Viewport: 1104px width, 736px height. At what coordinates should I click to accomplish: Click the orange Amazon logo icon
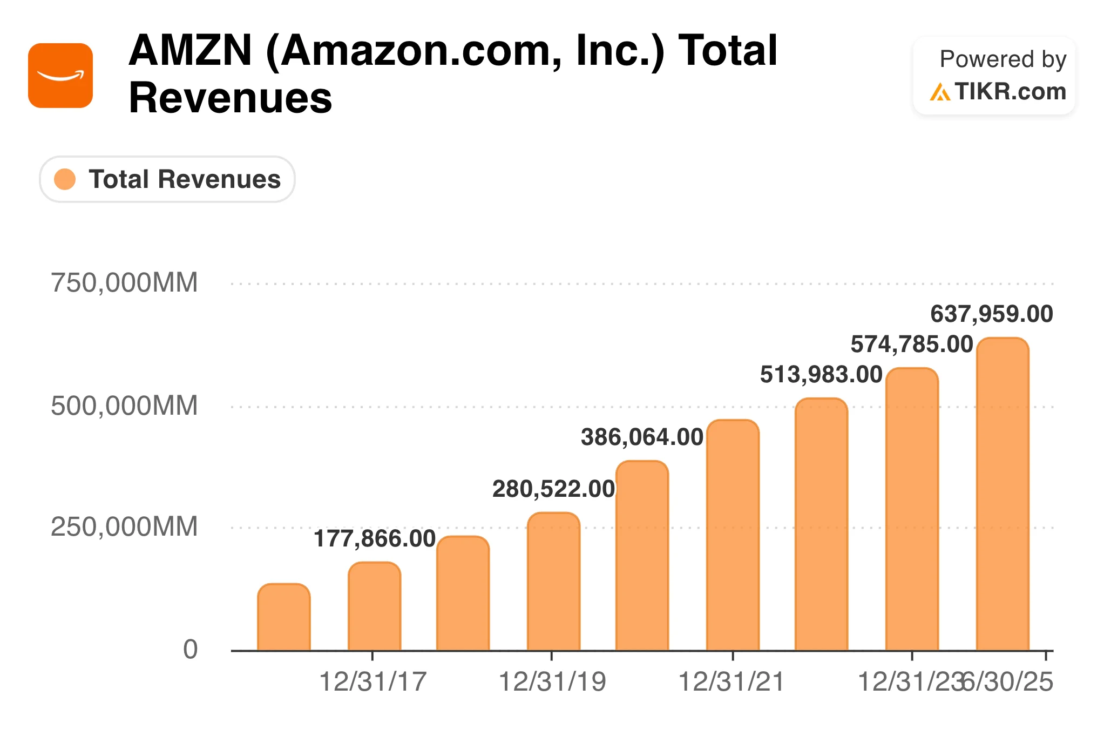60,76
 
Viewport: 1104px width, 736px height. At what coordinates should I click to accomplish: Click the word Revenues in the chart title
231,98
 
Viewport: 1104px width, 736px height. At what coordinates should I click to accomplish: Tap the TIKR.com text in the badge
1010,91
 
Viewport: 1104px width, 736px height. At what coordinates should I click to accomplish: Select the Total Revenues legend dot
65,179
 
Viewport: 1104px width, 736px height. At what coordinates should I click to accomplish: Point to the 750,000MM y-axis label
124,283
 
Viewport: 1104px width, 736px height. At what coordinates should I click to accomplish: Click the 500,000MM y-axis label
124,406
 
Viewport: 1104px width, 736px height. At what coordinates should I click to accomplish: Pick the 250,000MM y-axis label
124,526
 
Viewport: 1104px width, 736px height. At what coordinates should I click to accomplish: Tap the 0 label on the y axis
190,649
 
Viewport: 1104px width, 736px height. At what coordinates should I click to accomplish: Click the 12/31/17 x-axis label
372,681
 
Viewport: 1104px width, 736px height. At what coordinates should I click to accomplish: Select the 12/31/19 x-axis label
552,681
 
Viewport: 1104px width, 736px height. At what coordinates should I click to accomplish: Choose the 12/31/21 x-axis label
731,681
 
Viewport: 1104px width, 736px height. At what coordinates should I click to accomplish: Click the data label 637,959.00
991,314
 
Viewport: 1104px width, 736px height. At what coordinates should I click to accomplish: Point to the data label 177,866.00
375,538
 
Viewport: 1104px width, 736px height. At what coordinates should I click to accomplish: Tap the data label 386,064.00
642,437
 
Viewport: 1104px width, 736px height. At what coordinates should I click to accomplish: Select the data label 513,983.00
821,374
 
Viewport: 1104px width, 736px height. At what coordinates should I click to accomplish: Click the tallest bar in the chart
1003,497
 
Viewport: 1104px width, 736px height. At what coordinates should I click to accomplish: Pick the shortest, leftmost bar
284,618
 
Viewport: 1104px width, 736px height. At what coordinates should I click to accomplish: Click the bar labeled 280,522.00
553,583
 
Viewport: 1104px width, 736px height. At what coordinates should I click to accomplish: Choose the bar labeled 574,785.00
912,510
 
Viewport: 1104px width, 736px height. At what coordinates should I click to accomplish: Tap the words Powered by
1003,59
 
